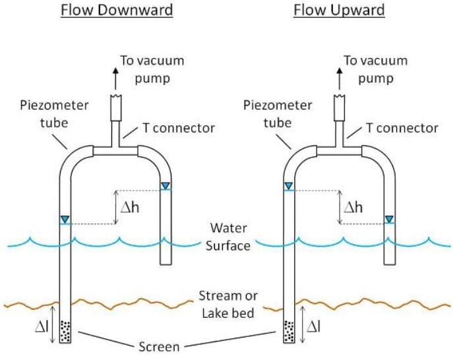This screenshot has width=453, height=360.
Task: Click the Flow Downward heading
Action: pos(117,10)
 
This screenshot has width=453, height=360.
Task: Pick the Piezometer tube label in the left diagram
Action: pos(45,113)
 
